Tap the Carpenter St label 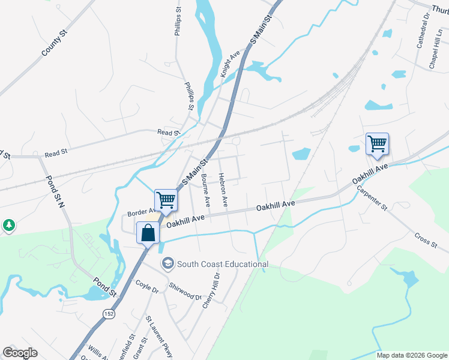372,196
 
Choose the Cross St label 425,238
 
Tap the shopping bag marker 148,233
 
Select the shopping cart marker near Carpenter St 377,144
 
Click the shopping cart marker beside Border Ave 166,200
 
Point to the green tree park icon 8,226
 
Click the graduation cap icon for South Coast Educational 167,263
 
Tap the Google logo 20,353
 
